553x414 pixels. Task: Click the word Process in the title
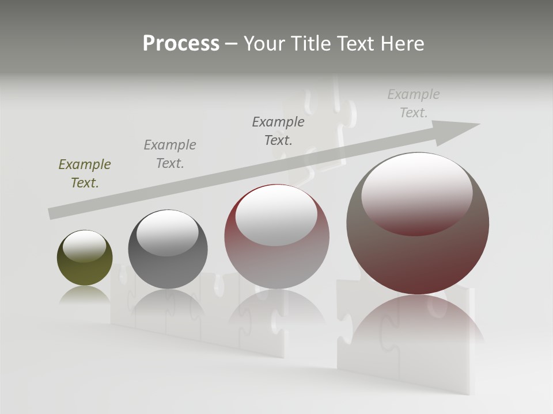(181, 44)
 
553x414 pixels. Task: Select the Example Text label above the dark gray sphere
(170, 154)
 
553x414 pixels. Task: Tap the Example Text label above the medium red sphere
(278, 131)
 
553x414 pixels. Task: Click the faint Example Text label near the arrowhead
(414, 103)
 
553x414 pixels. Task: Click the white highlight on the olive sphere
(85, 246)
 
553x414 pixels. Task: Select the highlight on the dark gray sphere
(168, 232)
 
